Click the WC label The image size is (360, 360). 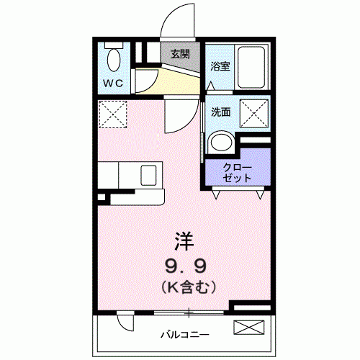pos(113,84)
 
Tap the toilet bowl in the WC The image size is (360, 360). pos(114,60)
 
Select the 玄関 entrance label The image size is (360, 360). pos(180,54)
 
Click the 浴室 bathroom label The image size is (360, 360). pos(220,66)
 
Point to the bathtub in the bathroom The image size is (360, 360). pos(251,66)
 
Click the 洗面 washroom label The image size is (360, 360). pos(221,112)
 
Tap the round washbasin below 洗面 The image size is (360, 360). pos(222,143)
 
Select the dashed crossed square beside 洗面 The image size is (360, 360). pos(254,113)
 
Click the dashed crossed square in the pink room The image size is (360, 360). pos(112,114)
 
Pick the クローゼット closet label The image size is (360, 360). pos(237,173)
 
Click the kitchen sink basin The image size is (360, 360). pos(148,175)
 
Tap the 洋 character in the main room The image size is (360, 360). pos(184,242)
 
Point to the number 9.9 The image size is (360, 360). pos(185,266)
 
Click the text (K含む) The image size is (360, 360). pos(189,287)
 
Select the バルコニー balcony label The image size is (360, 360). pos(185,335)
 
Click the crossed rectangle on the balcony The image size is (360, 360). pos(249,327)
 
